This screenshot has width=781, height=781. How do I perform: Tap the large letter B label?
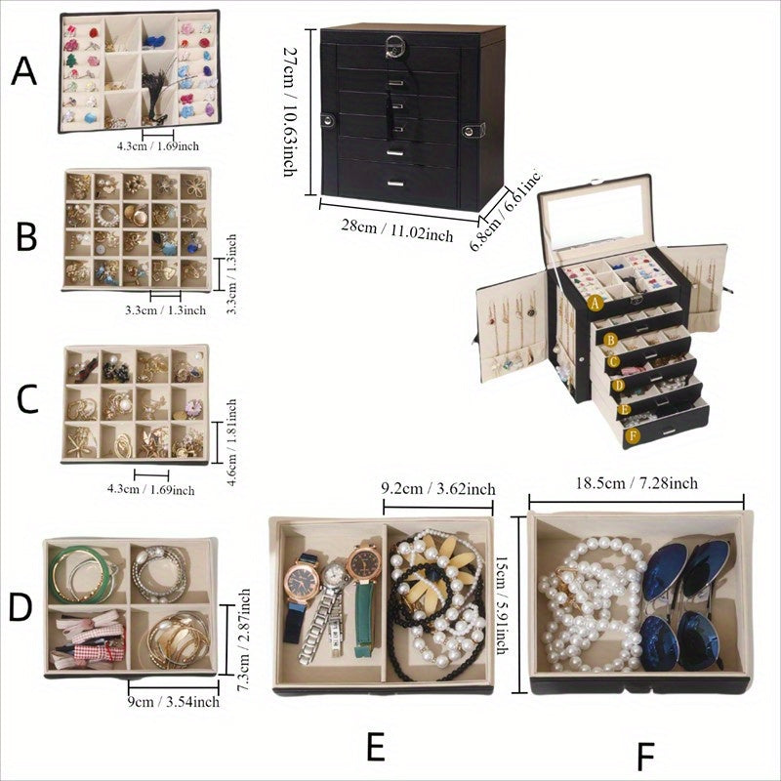[27, 236]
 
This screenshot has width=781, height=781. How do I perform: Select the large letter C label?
[28, 399]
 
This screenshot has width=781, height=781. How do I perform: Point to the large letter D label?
[21, 605]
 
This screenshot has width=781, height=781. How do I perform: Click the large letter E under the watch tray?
[376, 747]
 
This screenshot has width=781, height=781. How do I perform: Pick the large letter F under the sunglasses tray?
[643, 757]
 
